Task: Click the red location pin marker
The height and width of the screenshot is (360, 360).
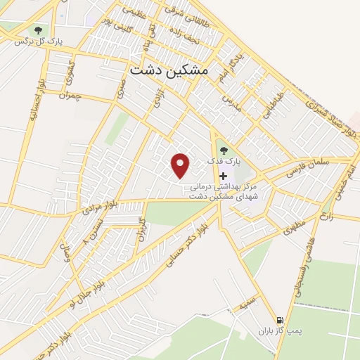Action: tap(181, 165)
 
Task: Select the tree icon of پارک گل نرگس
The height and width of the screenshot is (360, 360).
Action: tap(37, 30)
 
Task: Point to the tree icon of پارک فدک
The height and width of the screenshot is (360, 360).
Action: tap(224, 149)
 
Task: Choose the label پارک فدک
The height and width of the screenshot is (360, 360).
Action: tap(224, 161)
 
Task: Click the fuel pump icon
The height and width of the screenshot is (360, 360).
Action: tap(281, 318)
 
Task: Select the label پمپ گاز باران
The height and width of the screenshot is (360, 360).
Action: tap(278, 330)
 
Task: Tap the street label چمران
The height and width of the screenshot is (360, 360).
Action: tap(71, 93)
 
